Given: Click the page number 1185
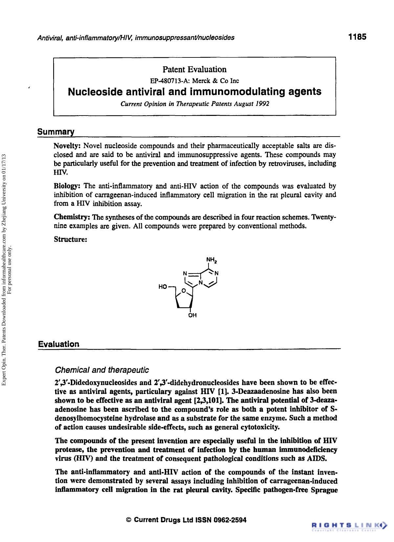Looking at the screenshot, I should pos(357,37).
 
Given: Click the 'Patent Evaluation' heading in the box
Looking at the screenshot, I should pos(194,69).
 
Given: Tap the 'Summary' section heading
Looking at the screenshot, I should pos(56,132).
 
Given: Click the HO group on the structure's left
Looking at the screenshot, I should pos(163,287).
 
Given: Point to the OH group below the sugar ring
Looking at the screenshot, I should pos(192,315).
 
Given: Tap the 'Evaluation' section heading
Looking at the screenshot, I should pos(59,344).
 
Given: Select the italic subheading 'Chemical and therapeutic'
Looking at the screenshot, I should pos(102,370).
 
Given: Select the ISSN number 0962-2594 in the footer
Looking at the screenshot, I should pos(230,520).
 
